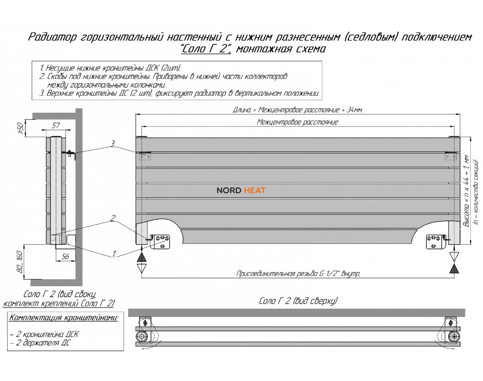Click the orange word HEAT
coord(255,190)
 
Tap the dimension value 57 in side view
coord(56,126)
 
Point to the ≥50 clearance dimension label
coord(20,127)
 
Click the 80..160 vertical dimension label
coord(19,262)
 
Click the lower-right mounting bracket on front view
coord(435,240)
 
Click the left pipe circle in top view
coord(143,337)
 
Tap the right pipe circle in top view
coord(452,337)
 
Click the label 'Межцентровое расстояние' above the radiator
coord(297,122)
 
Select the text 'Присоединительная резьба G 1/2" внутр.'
coord(298,274)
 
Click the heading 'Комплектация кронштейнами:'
coord(64,317)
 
